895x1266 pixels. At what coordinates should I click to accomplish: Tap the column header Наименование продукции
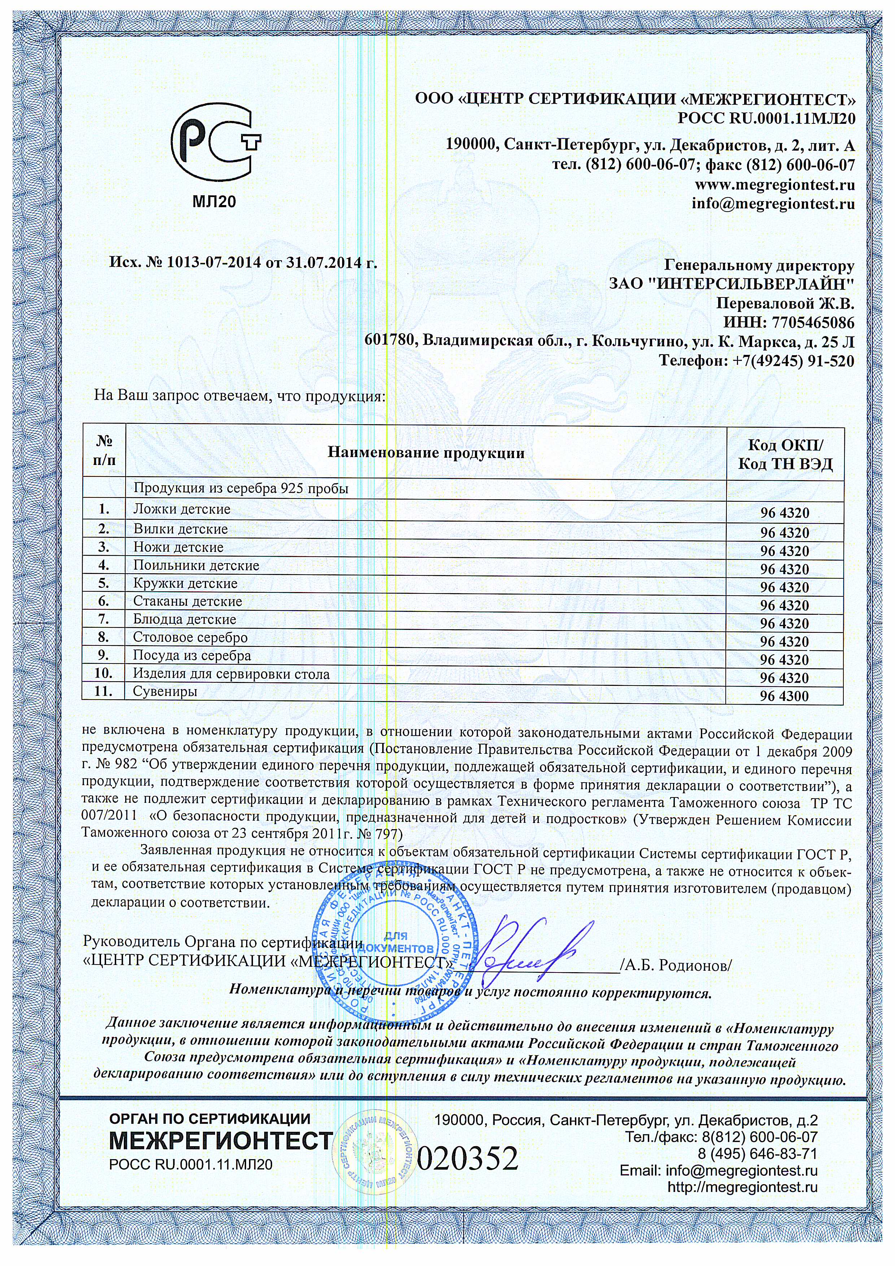coord(425,454)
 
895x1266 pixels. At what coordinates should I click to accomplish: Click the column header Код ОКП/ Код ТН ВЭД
coord(785,455)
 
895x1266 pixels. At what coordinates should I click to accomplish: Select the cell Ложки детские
coord(182,509)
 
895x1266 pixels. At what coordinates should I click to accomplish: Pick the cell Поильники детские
coord(196,566)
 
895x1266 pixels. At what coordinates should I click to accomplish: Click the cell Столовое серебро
coord(190,638)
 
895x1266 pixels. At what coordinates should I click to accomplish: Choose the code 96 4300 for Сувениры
coord(785,696)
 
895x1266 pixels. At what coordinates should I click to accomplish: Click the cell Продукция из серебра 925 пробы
coord(241,488)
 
